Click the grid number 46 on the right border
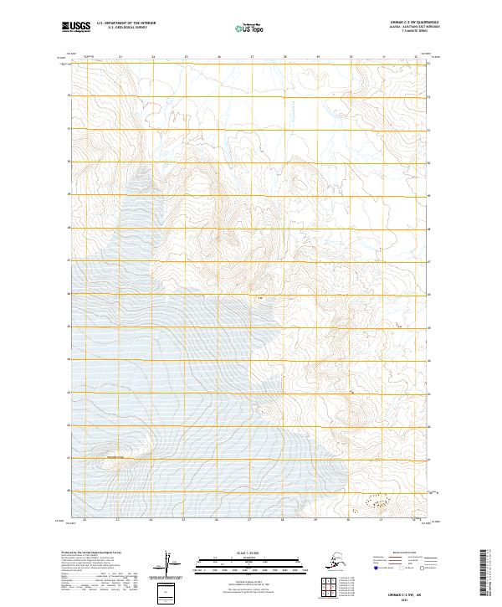429,295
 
